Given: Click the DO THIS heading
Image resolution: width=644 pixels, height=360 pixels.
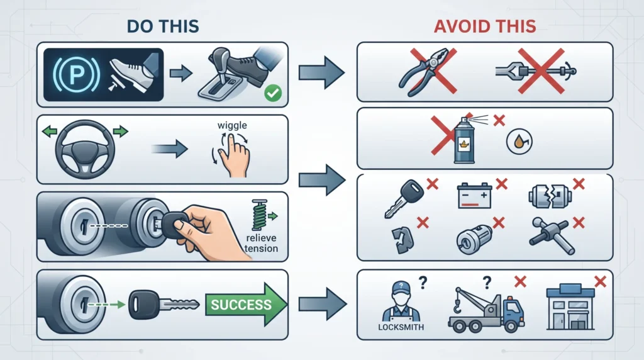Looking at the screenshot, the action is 163,26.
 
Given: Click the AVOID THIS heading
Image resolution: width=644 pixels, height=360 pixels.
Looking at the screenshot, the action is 485,26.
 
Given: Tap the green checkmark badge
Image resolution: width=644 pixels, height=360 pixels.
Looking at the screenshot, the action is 273,93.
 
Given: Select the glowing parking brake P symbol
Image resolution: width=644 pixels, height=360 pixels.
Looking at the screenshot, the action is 76,74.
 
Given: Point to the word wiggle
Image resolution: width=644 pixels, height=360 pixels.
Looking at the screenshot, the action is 232,125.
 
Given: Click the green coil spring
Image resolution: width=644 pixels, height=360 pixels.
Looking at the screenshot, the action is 260,215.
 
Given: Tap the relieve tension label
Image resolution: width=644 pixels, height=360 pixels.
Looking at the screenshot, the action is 261,244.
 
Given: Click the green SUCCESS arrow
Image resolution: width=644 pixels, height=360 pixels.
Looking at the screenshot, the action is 246,305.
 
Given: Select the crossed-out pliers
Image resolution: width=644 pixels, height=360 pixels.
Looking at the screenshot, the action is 428,72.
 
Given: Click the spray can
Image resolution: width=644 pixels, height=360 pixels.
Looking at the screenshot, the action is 464,139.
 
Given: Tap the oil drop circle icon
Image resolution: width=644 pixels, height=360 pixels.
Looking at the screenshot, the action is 519,141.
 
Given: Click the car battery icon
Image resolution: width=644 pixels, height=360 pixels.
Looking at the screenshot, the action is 474,196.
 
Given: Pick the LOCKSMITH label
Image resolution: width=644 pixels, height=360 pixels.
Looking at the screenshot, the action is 401,327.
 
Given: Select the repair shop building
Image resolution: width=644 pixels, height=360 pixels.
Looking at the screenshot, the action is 570,307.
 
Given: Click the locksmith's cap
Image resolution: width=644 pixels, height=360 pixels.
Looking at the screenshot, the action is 401,288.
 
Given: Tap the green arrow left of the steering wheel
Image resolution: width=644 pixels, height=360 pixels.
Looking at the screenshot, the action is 50,132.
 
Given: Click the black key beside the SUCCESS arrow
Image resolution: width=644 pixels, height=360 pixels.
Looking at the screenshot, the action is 164,305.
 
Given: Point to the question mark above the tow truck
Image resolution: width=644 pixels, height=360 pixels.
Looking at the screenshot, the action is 487,283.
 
